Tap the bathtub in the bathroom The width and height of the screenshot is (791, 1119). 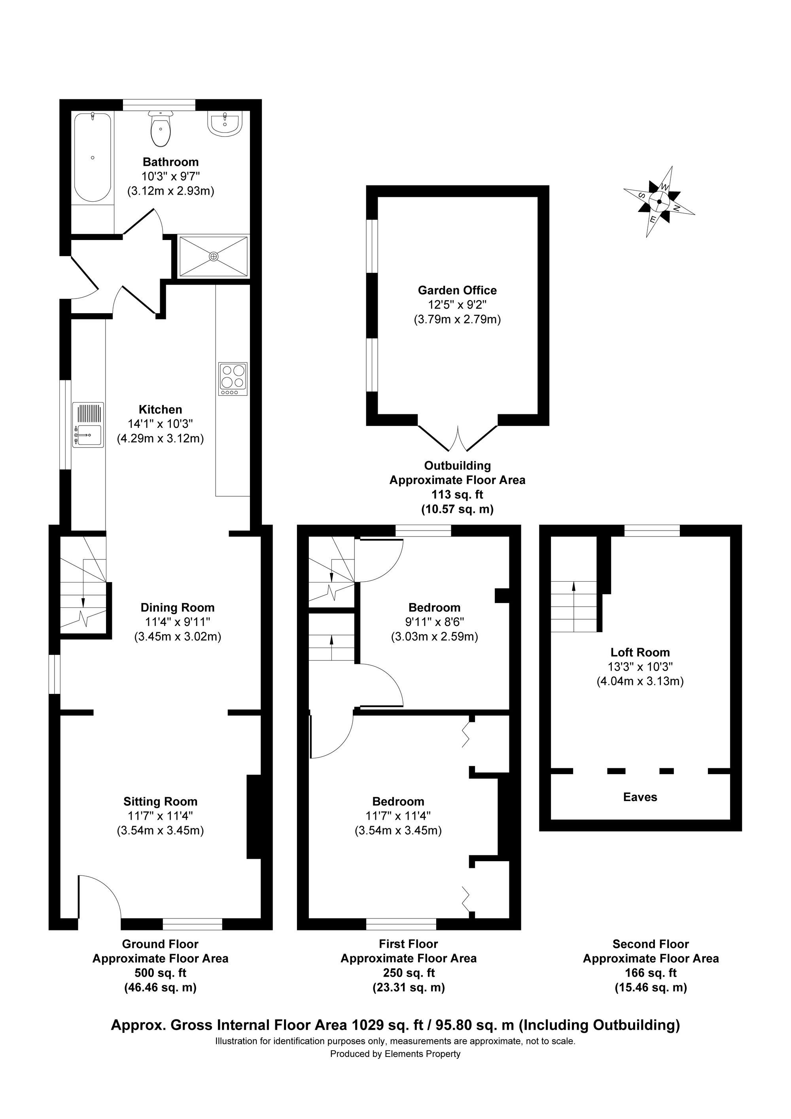coord(92,157)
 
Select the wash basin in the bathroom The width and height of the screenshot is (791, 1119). coord(224,123)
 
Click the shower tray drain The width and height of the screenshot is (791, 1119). coord(214,256)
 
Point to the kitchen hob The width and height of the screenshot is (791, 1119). coord(233,379)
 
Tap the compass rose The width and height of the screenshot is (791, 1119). coord(659,201)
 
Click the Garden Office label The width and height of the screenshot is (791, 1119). coord(457,291)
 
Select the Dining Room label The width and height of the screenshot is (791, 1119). coord(178,607)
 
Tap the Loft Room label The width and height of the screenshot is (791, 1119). coord(640,652)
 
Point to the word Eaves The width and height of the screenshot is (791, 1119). coord(640,797)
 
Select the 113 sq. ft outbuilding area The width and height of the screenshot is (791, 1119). coord(457,495)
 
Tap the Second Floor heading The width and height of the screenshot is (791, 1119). coord(650,944)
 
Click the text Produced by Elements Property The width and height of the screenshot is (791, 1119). coord(395,1054)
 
